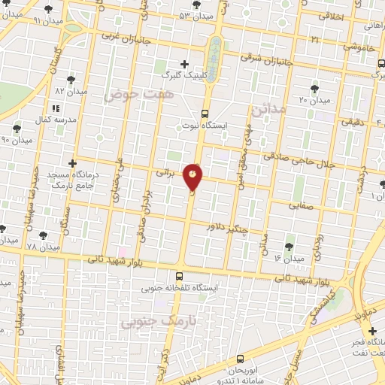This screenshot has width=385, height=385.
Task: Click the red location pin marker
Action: pos(194,177)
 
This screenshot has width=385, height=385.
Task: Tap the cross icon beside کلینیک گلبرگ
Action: pos(184,64)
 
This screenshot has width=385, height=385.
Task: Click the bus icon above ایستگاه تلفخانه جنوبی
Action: pos(179,275)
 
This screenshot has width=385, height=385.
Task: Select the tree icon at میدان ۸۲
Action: pos(71,79)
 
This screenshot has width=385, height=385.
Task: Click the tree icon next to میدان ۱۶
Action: pos(290,246)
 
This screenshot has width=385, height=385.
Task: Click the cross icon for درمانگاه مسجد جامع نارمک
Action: pos(72,162)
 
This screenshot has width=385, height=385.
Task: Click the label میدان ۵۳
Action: pos(195,15)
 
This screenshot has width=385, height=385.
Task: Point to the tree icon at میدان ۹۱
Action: pos(49,10)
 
